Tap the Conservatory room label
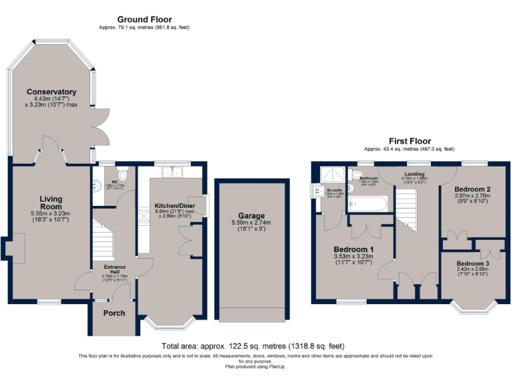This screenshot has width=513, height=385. pyautogui.click(x=51, y=92)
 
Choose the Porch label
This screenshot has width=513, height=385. pyautogui.click(x=114, y=313)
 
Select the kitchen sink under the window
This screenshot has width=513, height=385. pyautogui.click(x=172, y=173)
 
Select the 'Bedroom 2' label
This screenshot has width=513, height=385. pyautogui.click(x=472, y=189)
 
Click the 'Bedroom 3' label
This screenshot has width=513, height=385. pyautogui.click(x=472, y=263)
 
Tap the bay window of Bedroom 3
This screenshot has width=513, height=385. pyautogui.click(x=472, y=307)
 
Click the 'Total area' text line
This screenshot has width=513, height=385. pyautogui.click(x=252, y=346)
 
